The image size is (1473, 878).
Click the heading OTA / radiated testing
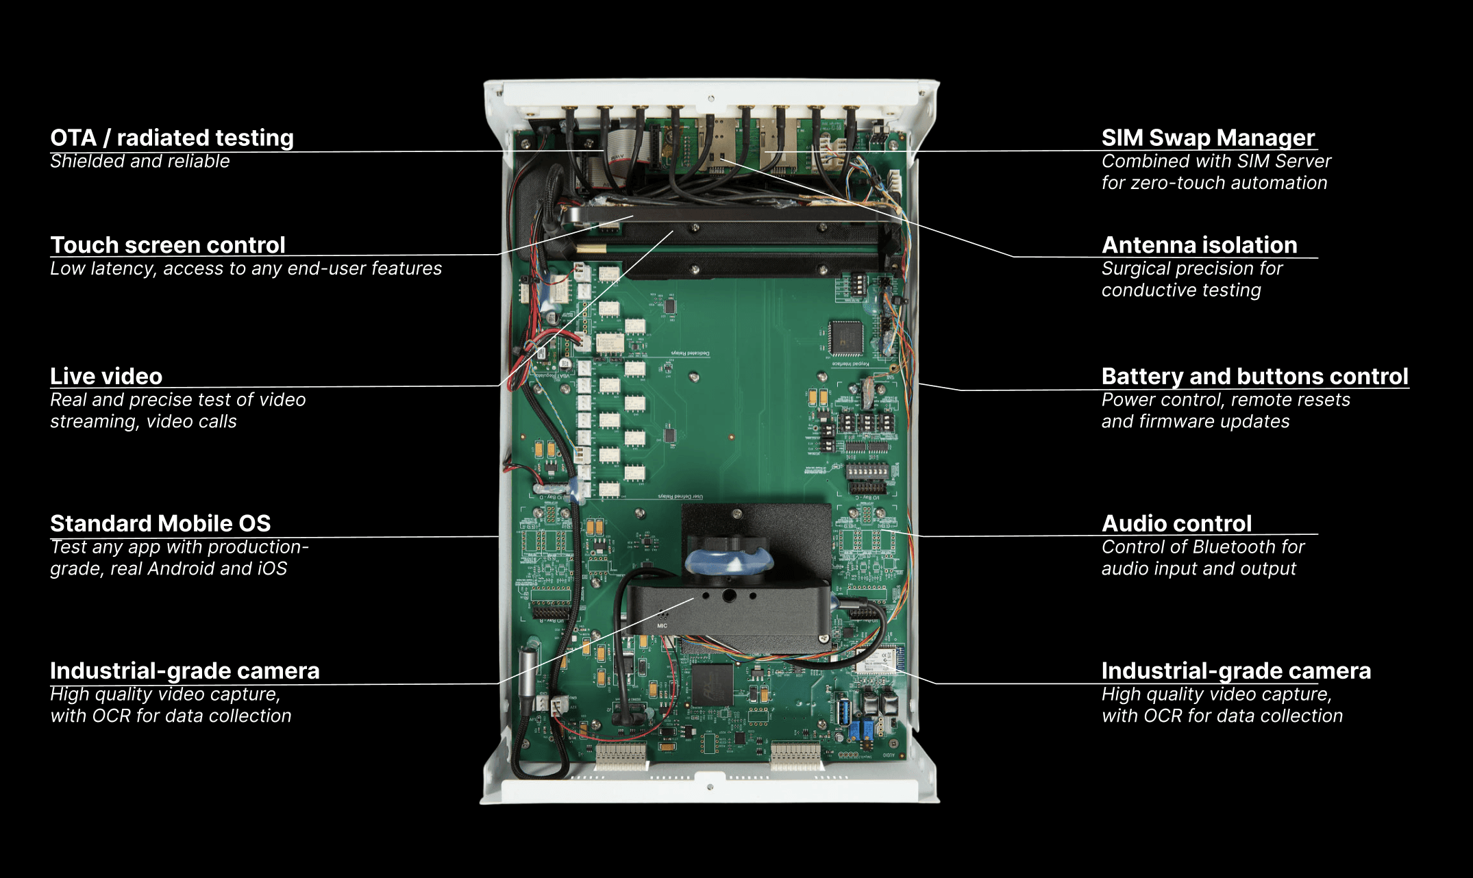(171, 138)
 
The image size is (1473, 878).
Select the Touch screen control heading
(167, 245)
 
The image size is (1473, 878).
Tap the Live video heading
(106, 377)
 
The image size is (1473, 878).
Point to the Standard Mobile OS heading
(160, 524)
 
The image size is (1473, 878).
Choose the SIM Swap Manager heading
(1208, 138)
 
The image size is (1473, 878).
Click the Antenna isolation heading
(1199, 245)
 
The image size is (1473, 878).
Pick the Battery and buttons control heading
(1254, 377)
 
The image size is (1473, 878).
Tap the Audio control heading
(1176, 524)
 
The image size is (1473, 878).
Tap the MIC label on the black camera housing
(662, 625)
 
